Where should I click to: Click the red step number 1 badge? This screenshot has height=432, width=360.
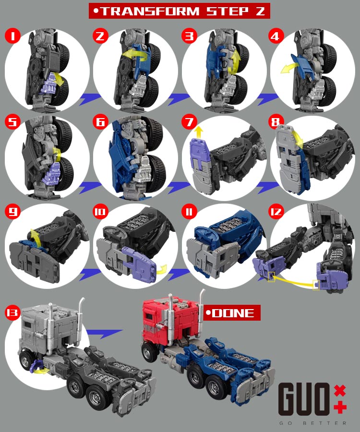point(12,36)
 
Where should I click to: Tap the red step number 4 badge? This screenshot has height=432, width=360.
point(276,36)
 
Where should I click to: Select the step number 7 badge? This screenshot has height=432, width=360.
point(189,122)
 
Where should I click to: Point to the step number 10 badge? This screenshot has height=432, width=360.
point(100,212)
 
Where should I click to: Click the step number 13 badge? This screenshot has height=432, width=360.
point(12,312)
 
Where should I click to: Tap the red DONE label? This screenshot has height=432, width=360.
point(232,312)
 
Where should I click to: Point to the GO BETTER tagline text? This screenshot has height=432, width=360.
point(312,423)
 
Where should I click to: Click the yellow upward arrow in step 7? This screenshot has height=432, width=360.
point(198,132)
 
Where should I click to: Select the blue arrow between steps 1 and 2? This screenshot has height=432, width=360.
point(90,99)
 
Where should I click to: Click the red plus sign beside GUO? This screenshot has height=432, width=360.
point(340,407)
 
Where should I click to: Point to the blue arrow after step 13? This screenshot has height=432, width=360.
point(105,334)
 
